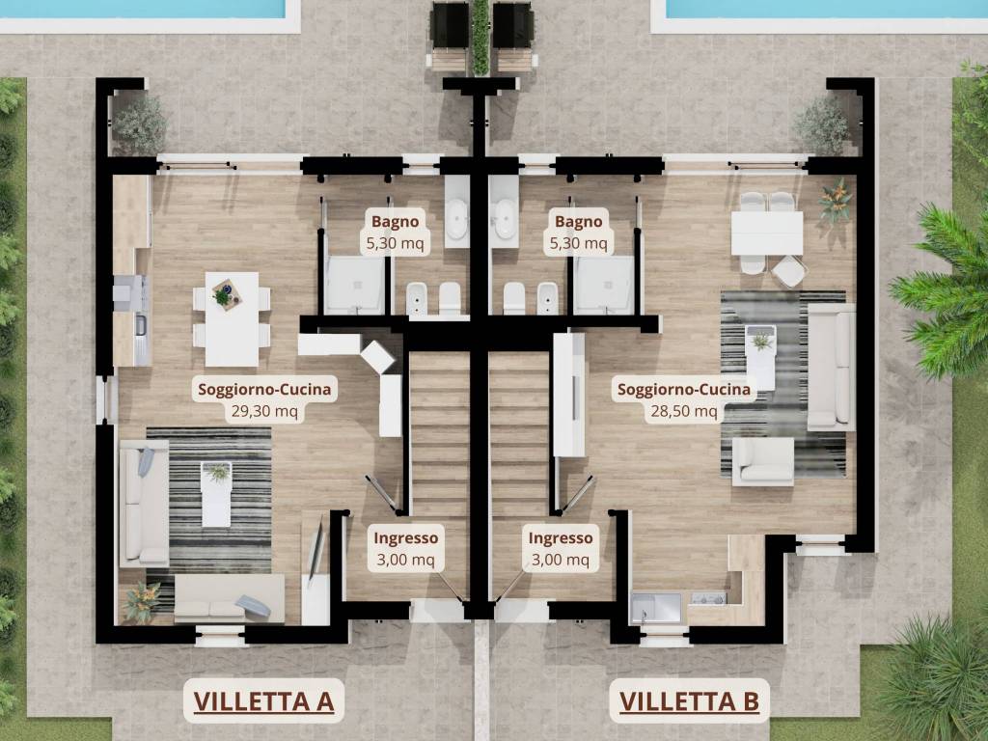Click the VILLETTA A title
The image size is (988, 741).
click(263, 700)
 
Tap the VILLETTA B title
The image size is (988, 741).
click(688, 700)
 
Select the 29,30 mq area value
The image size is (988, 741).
click(264, 411)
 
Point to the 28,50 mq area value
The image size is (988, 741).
click(684, 411)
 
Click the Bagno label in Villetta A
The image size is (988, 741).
click(396, 222)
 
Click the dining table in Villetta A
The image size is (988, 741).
click(232, 318)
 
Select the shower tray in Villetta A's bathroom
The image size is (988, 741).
click(354, 285)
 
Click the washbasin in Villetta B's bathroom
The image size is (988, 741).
click(504, 221)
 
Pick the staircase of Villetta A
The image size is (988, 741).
click(439, 434)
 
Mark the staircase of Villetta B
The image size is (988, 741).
click(519, 434)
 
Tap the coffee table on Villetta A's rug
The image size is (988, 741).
click(217, 493)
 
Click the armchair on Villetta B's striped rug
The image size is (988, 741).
click(763, 461)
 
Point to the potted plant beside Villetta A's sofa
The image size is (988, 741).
click(142, 601)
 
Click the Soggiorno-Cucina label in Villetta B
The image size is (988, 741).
click(684, 390)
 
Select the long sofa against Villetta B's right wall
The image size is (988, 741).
click(831, 367)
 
